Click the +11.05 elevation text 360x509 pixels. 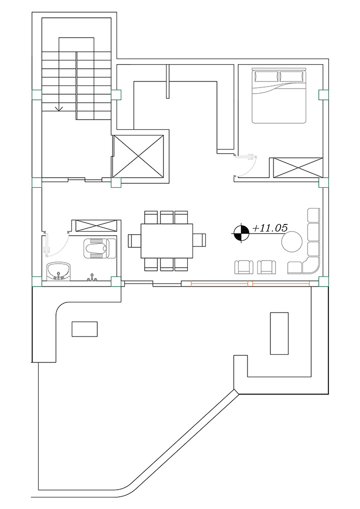270,228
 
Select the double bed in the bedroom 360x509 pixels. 279,96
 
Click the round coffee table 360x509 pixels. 291,241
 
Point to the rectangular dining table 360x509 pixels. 167,241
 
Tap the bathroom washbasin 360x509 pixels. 59,271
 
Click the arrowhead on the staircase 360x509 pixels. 59,108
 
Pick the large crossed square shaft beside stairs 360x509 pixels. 138,157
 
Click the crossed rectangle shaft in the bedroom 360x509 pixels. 298,168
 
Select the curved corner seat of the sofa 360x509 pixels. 312,265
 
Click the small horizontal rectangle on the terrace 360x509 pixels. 85,329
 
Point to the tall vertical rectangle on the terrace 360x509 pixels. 280,333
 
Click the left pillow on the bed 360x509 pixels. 267,77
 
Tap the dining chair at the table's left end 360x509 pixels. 135,241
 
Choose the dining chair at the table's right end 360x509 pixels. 199,241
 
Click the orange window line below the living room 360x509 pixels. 251,284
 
